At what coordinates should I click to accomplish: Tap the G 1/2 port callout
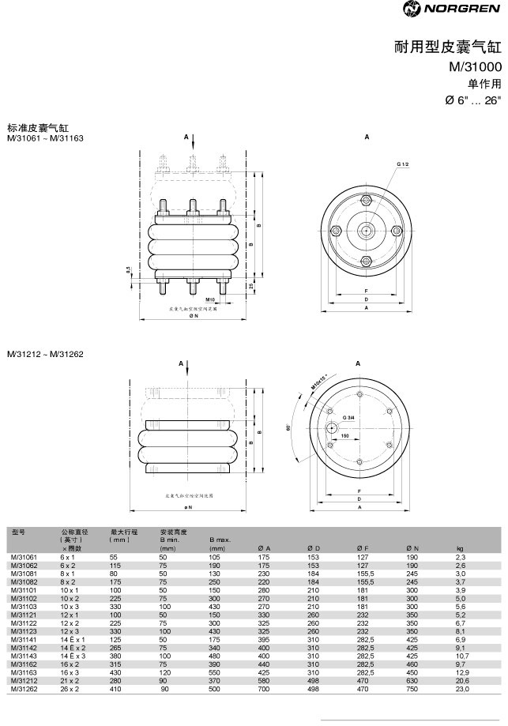(x=402, y=163)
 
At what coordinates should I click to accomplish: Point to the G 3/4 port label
(x=348, y=416)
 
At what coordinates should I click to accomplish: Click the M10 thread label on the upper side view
(x=210, y=301)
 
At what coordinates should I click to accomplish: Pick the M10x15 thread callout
(x=318, y=380)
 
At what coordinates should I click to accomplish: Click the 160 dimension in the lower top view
(x=345, y=435)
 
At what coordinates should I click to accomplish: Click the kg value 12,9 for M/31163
(x=462, y=671)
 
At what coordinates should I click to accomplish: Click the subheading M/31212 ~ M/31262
(x=45, y=353)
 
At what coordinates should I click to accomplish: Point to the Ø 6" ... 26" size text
(x=473, y=101)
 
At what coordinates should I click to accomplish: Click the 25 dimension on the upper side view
(x=251, y=285)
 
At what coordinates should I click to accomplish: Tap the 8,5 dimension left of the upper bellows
(x=129, y=270)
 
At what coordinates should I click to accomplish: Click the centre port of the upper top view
(x=366, y=230)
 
